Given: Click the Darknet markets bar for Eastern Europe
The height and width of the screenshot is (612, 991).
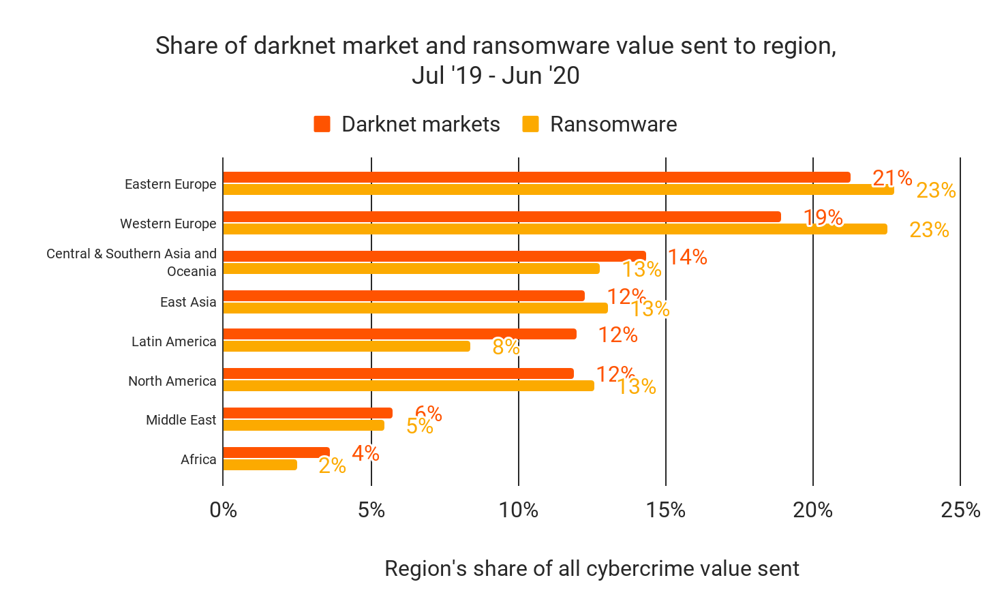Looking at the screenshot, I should pos(536,177).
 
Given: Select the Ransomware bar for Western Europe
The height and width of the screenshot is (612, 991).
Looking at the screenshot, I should pos(555,229).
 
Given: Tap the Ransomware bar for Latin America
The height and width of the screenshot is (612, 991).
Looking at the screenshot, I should pos(346,346).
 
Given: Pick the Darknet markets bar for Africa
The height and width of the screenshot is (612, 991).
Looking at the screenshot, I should pos(276,453).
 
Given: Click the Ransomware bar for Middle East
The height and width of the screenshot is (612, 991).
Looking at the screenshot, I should pos(303,425).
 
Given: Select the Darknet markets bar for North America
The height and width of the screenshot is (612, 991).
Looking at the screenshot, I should pos(398,373).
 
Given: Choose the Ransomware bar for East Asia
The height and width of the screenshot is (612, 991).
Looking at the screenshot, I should pos(415,308).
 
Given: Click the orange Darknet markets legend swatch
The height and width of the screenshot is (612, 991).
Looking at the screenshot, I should pos(322,124).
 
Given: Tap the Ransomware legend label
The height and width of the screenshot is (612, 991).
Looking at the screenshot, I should pos(613,124).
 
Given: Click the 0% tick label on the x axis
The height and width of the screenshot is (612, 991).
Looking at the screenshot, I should pos(223,510).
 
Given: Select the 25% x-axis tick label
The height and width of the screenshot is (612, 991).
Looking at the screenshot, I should pos(960,510).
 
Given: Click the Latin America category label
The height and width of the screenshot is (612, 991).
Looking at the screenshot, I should pos(174,341).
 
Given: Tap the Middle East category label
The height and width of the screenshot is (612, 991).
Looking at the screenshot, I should pos(181,420).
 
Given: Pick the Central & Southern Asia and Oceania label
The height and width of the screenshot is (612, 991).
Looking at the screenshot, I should pos(132,262).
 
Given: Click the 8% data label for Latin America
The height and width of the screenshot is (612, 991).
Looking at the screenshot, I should pos(506,347).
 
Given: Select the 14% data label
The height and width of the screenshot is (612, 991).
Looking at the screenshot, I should pos(687,257).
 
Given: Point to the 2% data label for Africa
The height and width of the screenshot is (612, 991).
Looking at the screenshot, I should pos(332,465).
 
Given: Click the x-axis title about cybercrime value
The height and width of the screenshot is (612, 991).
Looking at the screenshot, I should pos(592,568).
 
